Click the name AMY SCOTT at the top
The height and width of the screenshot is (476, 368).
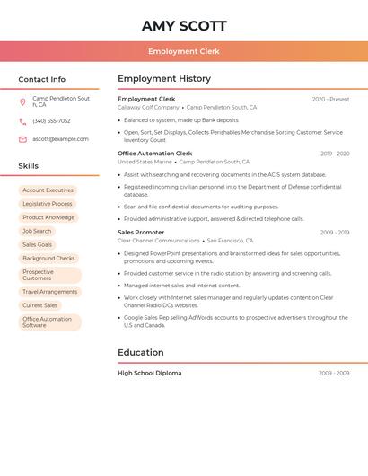[183, 26]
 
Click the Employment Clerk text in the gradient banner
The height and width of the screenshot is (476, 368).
[183, 51]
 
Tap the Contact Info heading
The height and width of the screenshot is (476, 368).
[42, 79]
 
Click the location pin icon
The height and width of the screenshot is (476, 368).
[22, 101]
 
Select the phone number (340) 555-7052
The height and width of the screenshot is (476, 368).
[51, 120]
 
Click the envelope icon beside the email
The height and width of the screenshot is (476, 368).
[22, 139]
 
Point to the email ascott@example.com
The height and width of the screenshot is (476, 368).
[60, 139]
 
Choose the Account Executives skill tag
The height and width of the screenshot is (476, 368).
[48, 190]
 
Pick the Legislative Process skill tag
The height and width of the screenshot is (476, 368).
[48, 204]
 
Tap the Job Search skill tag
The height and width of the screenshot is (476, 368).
[37, 231]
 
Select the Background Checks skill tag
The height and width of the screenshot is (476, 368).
[48, 259]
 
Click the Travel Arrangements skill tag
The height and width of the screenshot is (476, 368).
[49, 292]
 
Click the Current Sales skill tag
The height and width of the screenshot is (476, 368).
[39, 305]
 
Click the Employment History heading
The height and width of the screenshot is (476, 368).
[164, 79]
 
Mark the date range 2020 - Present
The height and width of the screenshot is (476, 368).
[330, 99]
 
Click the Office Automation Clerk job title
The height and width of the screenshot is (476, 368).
[154, 154]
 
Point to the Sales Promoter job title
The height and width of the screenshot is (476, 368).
[141, 233]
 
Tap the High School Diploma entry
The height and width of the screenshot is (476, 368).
[149, 373]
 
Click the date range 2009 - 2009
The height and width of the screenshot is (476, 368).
[334, 373]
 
